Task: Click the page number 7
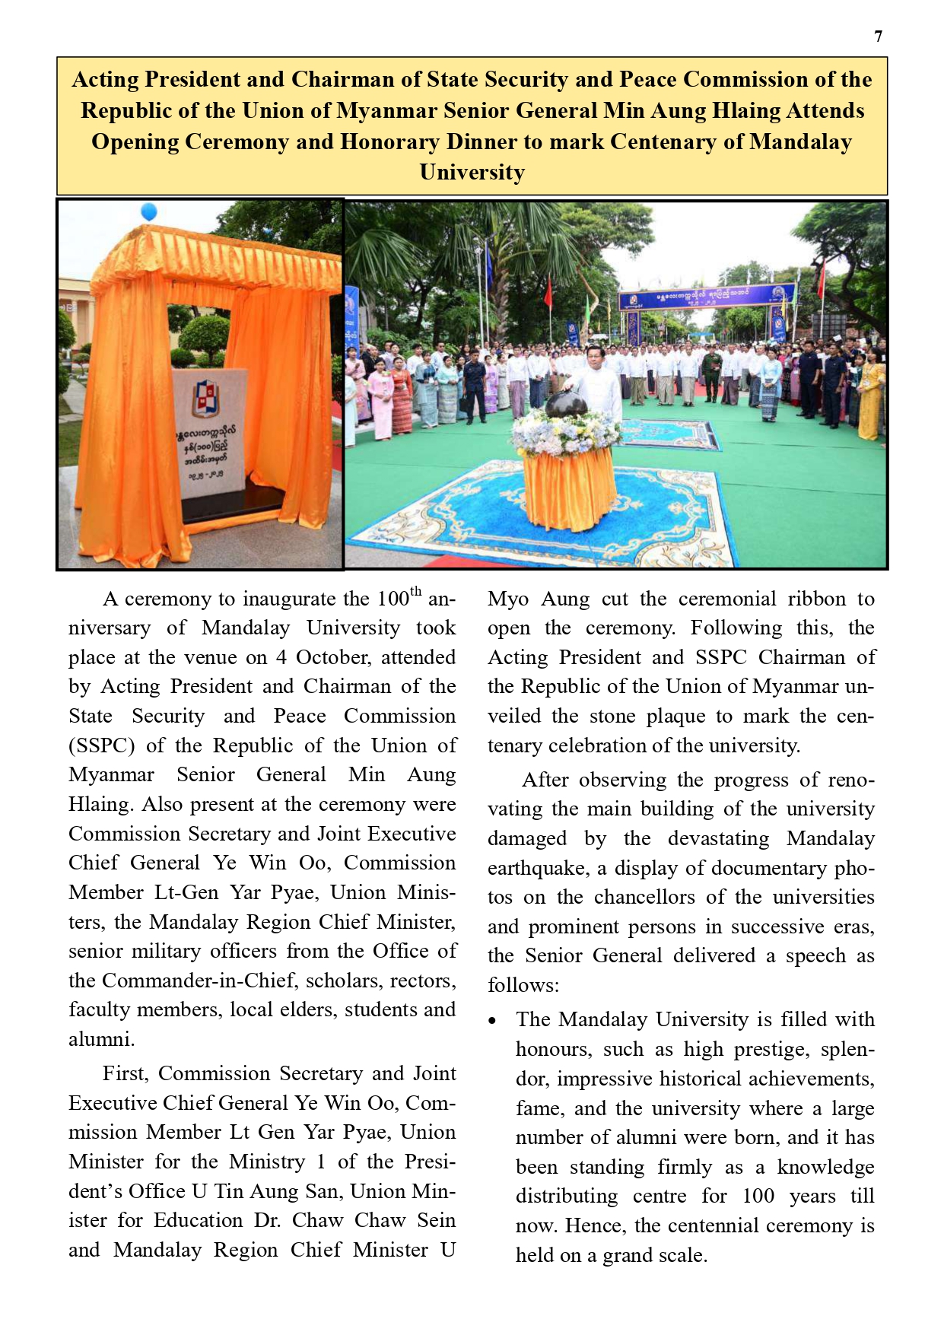(879, 37)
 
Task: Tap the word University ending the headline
(472, 173)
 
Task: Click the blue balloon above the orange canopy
(149, 211)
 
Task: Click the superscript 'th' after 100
(415, 591)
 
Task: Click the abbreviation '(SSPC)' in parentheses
(101, 745)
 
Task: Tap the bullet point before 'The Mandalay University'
(494, 1021)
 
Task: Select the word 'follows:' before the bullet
(523, 985)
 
